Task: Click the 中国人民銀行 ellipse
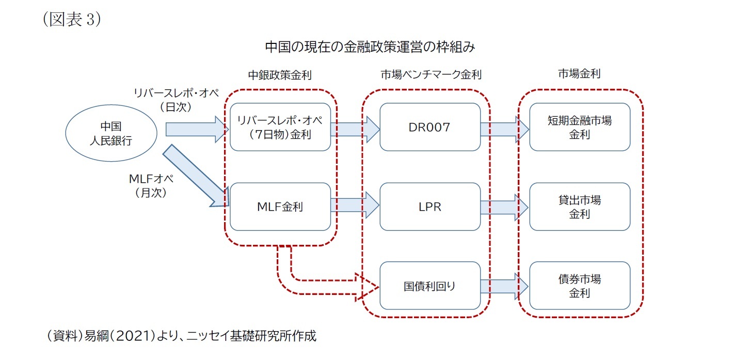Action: point(111,133)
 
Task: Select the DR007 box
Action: point(430,127)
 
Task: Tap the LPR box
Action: point(430,207)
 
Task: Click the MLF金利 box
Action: point(280,207)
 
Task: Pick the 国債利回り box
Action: point(430,286)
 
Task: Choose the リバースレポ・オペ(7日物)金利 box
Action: point(280,127)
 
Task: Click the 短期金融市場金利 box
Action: point(580,127)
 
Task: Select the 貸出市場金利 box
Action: point(580,207)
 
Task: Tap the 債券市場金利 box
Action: point(580,286)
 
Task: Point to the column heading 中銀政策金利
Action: point(280,75)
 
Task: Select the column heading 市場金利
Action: point(579,74)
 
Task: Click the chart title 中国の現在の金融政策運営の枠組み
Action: point(370,47)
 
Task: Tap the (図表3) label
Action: point(71,19)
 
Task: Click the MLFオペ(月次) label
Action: point(150,186)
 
